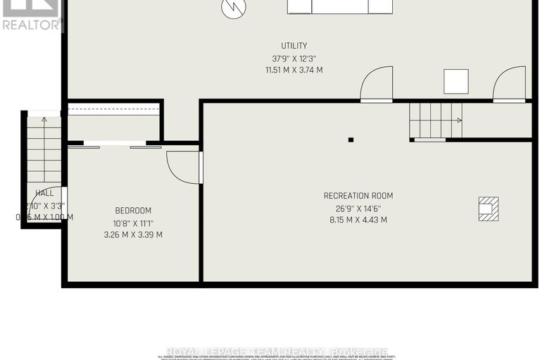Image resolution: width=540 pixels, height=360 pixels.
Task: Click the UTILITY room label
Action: (x=294, y=46)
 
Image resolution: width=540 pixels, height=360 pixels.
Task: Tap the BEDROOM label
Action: (x=133, y=211)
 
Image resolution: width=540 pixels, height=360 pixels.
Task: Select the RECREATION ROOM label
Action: (x=358, y=196)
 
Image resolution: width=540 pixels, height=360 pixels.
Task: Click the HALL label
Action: (x=44, y=193)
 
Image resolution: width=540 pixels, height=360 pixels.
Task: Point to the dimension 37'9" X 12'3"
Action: (x=294, y=58)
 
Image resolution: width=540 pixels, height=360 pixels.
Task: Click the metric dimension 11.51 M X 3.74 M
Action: (x=294, y=70)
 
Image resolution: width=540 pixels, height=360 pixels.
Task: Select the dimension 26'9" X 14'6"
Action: (x=358, y=208)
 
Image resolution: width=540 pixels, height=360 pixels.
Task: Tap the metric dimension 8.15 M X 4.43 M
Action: (x=358, y=220)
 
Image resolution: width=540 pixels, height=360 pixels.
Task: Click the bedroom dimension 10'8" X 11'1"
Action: (x=133, y=223)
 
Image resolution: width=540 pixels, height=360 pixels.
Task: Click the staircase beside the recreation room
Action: (x=435, y=120)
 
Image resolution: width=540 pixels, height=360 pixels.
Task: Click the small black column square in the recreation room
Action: (x=351, y=139)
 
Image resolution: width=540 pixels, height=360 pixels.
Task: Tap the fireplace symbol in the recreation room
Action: (x=487, y=208)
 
